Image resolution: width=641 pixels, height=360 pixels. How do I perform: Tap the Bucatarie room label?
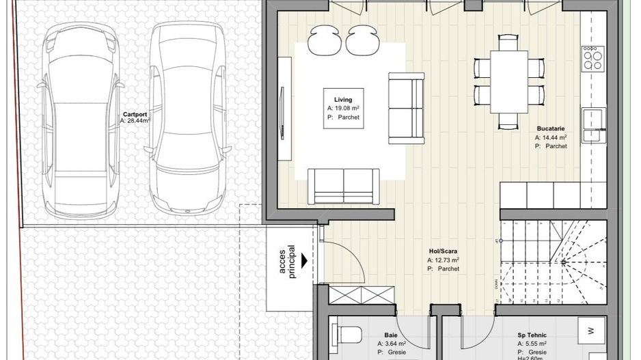point(551,128)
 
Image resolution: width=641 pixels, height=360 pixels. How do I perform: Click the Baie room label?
point(391,335)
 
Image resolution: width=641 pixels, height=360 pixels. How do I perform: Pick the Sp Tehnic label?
point(531,335)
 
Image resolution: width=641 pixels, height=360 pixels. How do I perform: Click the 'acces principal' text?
point(288,261)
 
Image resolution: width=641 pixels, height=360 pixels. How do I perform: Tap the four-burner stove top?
point(592,58)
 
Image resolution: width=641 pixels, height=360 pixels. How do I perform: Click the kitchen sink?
point(593,124)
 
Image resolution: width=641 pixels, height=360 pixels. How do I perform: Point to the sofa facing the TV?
point(406,107)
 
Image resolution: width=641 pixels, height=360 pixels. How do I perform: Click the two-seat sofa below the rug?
point(343,185)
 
